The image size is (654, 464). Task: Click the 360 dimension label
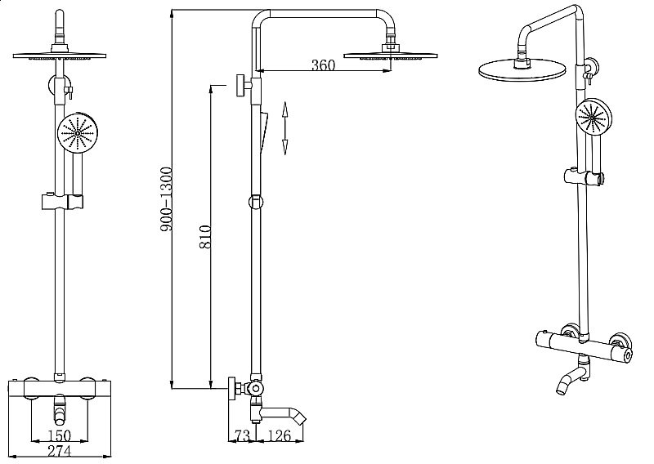(324, 66)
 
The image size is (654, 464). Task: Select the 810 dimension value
(205, 236)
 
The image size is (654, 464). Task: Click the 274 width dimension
(60, 450)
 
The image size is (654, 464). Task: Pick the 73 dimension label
(242, 437)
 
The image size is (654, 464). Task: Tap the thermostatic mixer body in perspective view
(584, 343)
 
